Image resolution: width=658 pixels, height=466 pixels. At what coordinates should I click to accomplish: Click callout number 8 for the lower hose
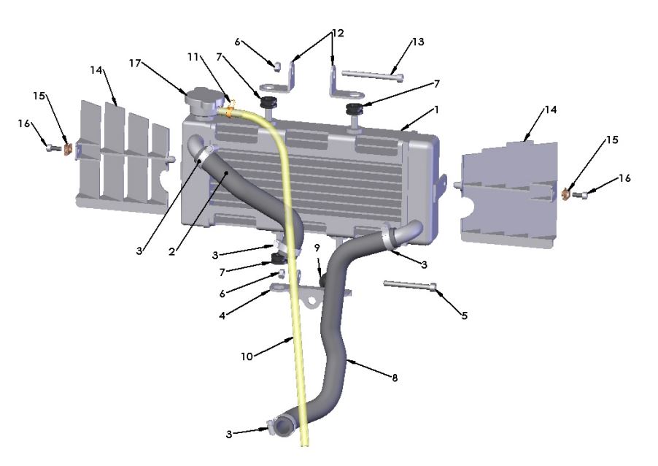click(x=395, y=378)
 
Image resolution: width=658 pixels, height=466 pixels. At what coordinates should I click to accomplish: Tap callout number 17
click(x=136, y=64)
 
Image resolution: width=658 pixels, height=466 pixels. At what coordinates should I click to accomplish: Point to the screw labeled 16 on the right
click(x=581, y=195)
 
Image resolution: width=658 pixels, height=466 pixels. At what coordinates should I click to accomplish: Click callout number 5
click(x=464, y=316)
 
